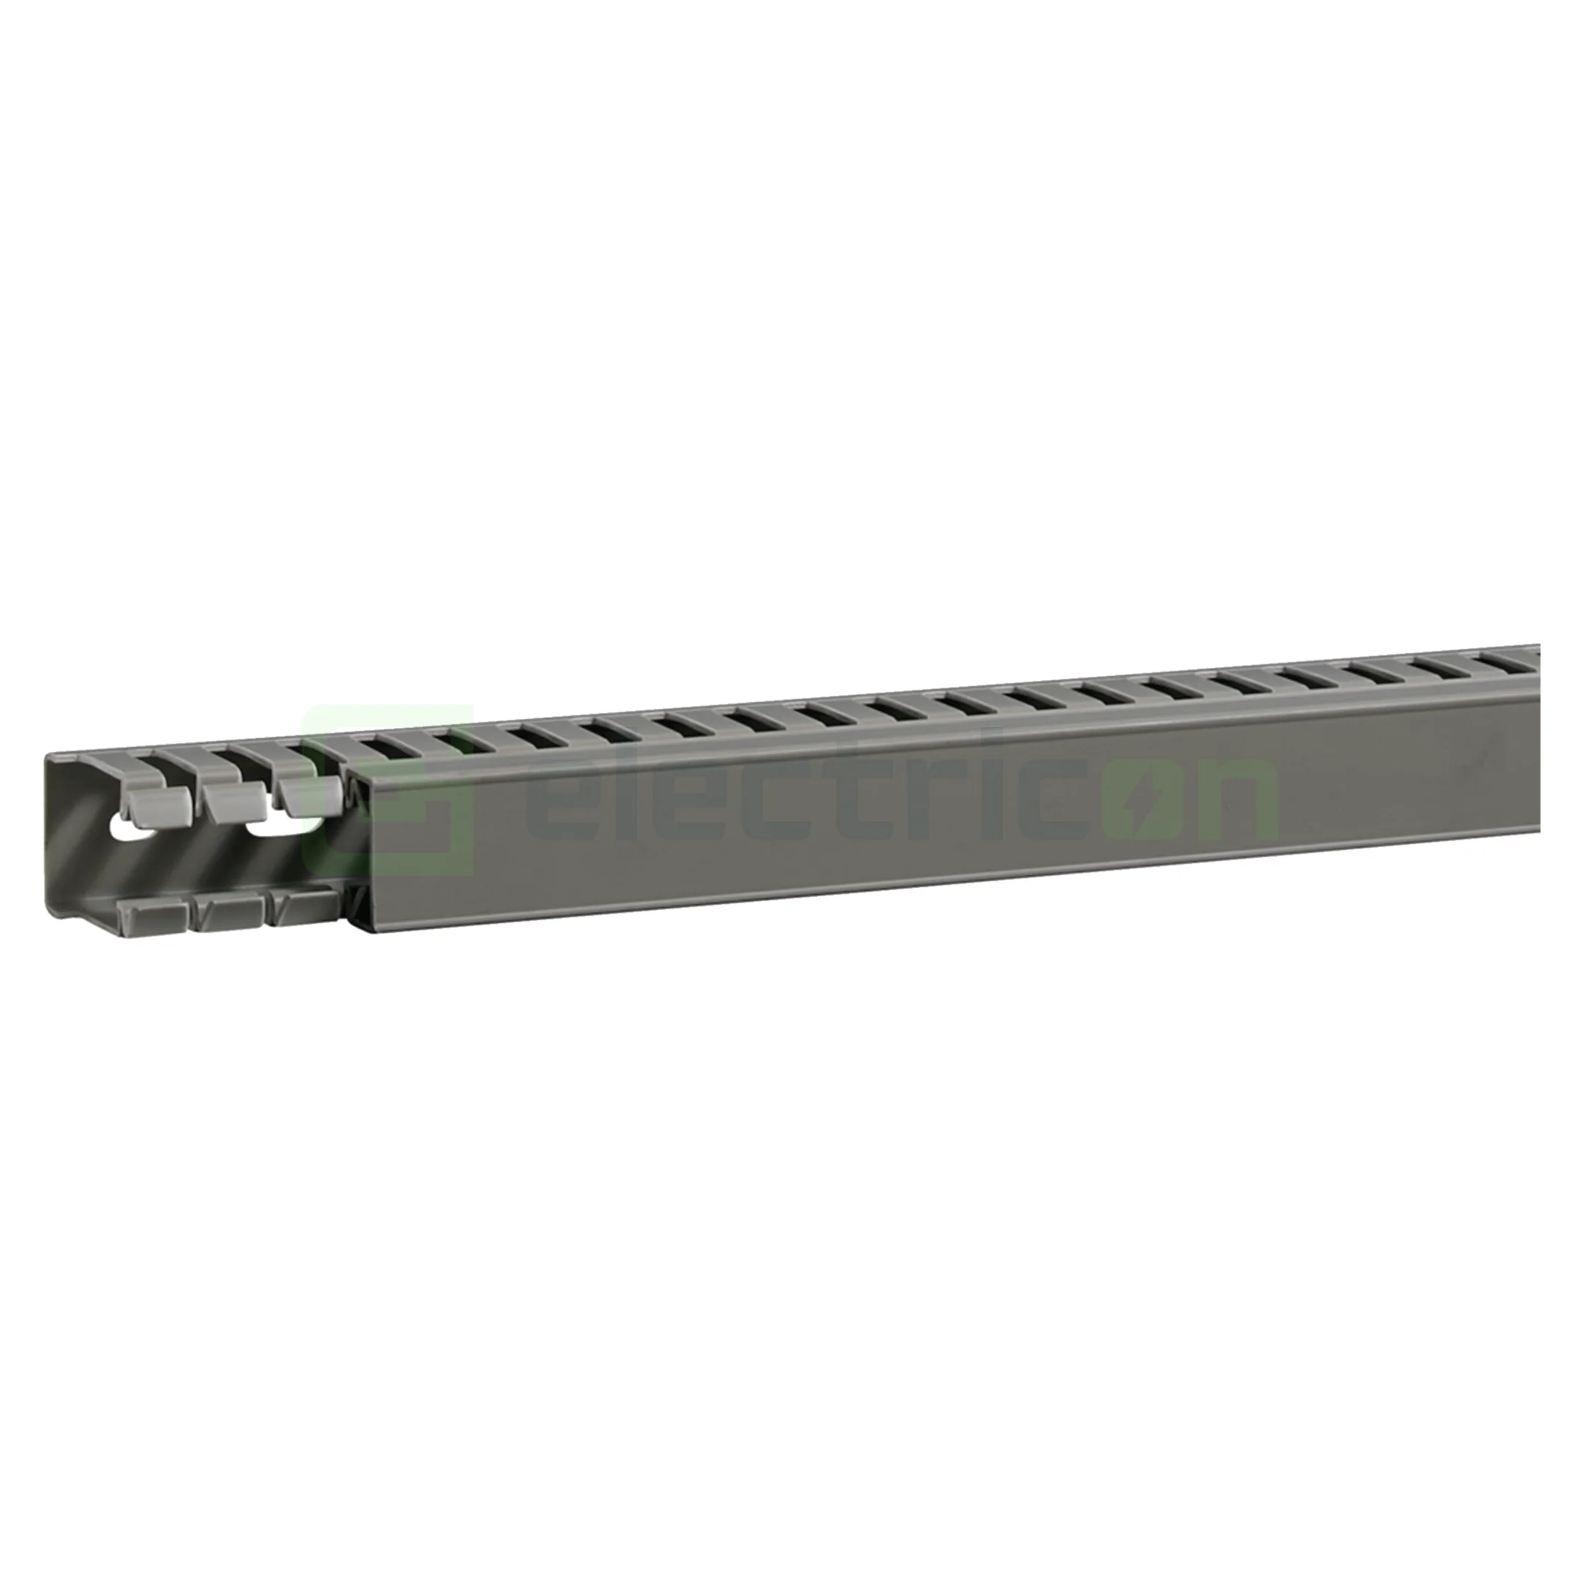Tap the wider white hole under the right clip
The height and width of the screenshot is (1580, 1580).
tap(278, 825)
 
